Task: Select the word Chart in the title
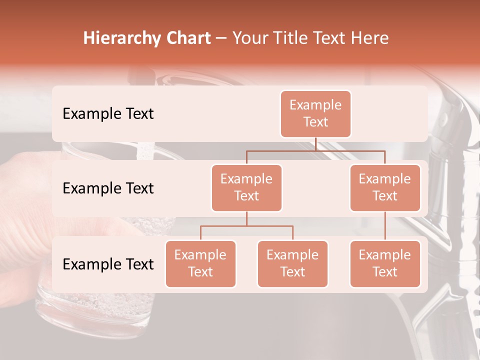(x=186, y=38)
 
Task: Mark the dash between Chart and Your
(x=221, y=38)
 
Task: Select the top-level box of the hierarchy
(x=315, y=113)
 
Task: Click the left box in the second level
(x=246, y=187)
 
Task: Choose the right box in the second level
(x=385, y=187)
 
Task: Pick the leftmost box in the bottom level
(x=200, y=263)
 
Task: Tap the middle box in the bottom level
(x=292, y=263)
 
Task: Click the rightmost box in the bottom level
(x=385, y=263)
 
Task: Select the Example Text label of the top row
(x=108, y=113)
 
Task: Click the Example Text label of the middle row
(x=108, y=188)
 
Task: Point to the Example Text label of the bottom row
(x=108, y=264)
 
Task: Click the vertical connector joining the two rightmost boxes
(x=385, y=226)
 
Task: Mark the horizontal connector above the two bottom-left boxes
(x=246, y=226)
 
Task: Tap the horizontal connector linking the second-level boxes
(x=315, y=150)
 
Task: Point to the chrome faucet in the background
(x=452, y=165)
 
